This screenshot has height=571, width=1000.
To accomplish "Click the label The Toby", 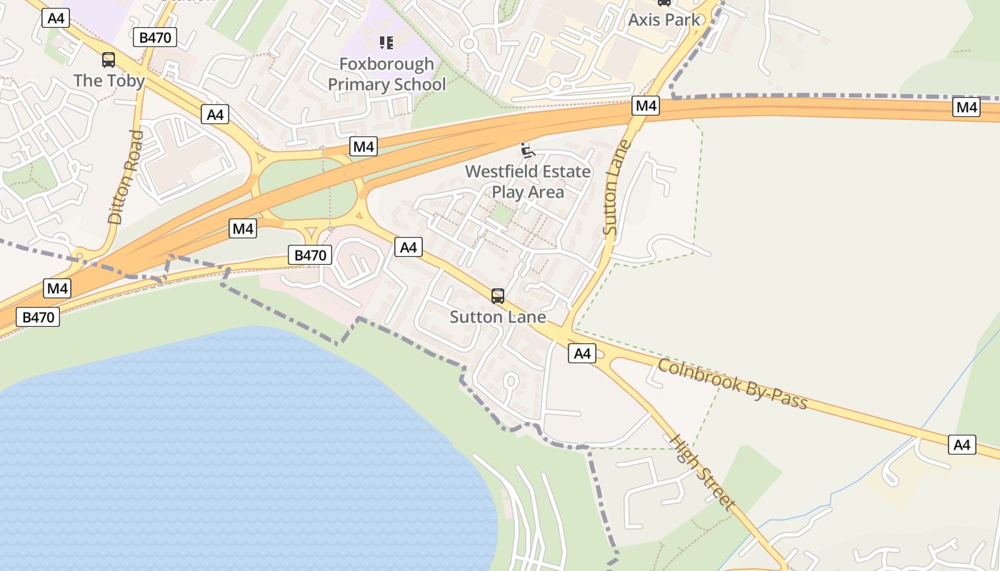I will click(109, 81).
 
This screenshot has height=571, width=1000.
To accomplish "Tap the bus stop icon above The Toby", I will click(109, 60).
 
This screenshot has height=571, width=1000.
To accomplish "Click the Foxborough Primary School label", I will click(386, 74).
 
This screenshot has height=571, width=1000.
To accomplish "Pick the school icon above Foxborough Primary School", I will click(386, 43).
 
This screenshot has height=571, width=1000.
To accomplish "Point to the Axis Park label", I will click(664, 19).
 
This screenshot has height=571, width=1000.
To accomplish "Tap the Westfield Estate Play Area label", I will click(528, 182).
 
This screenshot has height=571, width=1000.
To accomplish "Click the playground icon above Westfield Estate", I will click(528, 150).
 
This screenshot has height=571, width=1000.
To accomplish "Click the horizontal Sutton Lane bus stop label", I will click(498, 317).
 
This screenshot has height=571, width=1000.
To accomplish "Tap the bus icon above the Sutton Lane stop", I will click(498, 295).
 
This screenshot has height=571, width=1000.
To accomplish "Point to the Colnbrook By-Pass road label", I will click(732, 384).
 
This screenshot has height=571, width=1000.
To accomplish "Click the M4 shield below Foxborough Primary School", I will click(364, 147).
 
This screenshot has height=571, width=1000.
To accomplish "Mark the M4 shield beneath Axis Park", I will click(646, 106).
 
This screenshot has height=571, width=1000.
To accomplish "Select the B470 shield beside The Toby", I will click(155, 38).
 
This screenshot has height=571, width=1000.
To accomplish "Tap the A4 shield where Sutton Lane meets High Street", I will click(582, 353).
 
